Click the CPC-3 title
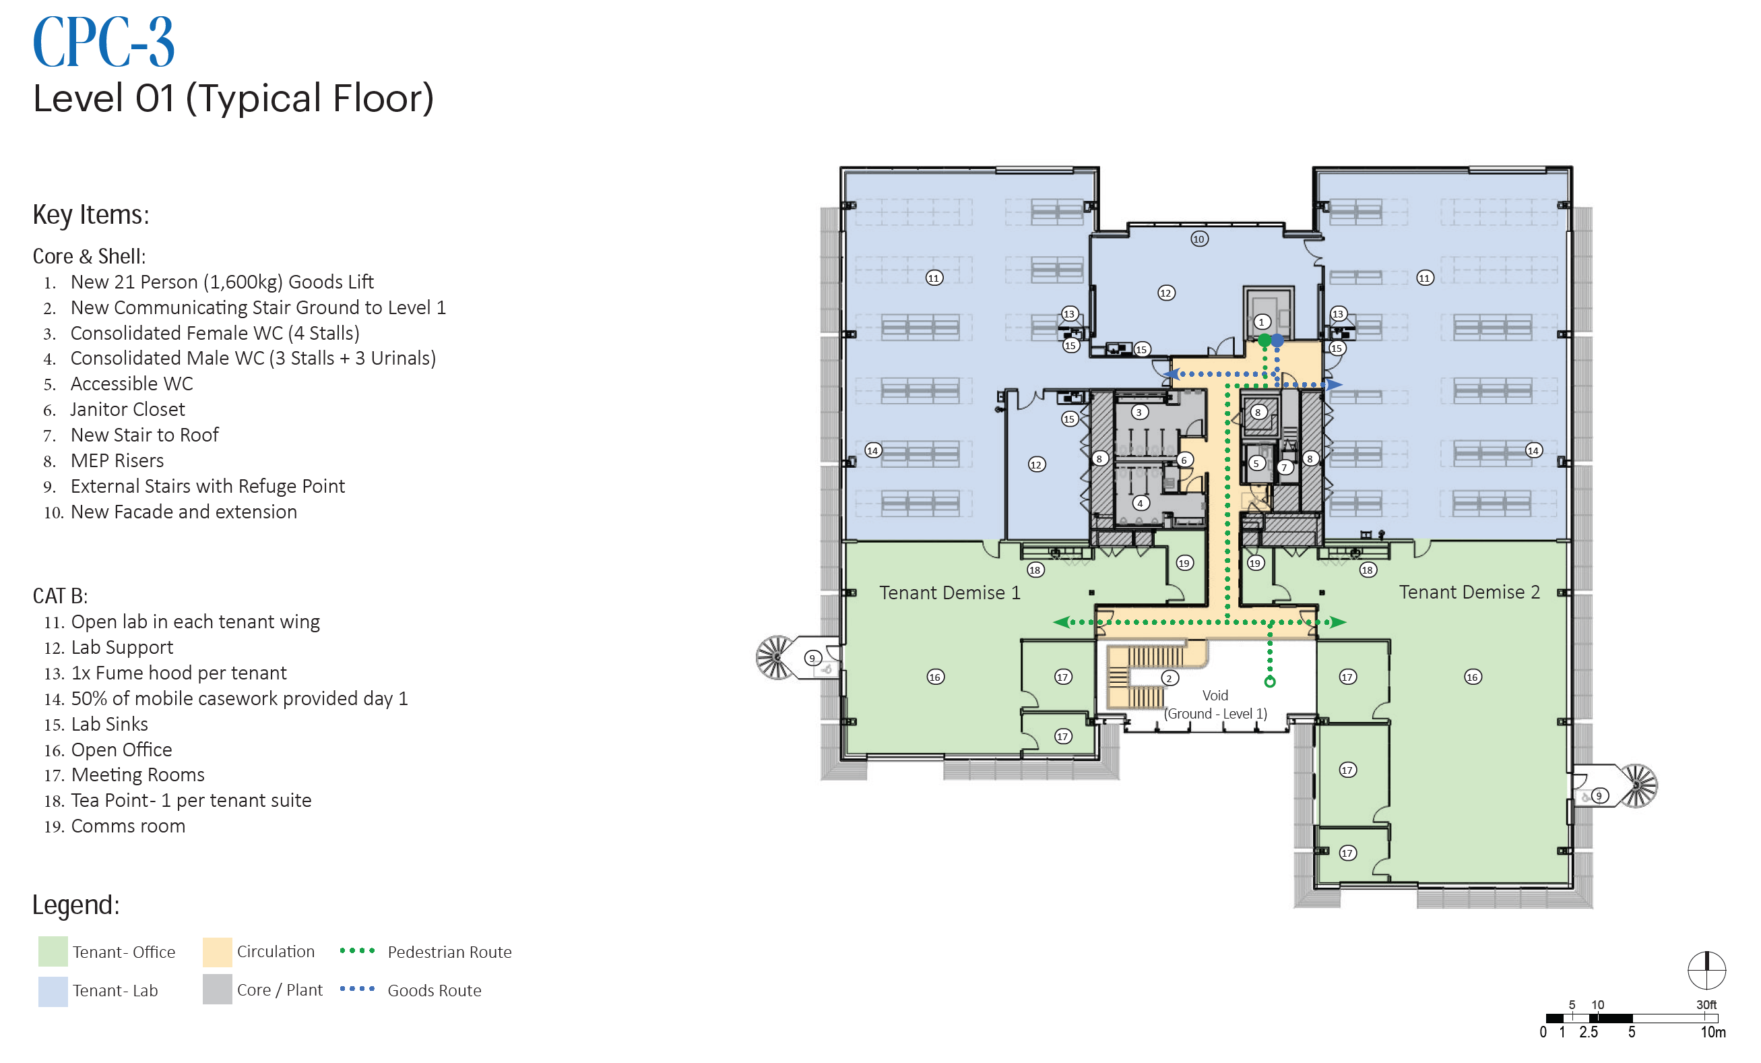[x=104, y=42]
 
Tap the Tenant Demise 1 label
[x=950, y=593]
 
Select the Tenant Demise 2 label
[x=1469, y=592]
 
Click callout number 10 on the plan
[x=1199, y=239]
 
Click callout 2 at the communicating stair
[x=1170, y=677]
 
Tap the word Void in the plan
[x=1215, y=695]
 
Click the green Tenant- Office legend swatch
[x=53, y=952]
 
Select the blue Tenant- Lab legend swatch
[x=53, y=991]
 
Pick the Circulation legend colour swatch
[x=218, y=952]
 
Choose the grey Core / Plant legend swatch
[x=218, y=990]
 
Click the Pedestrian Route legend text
[x=449, y=952]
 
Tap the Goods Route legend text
[x=435, y=991]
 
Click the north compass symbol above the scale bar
[x=1706, y=970]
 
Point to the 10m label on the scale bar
[x=1713, y=1032]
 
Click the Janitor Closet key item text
[x=127, y=410]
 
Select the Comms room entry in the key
[x=128, y=826]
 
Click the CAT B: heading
[x=60, y=596]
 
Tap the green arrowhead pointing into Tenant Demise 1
[x=1060, y=622]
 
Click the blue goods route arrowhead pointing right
[x=1335, y=385]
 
